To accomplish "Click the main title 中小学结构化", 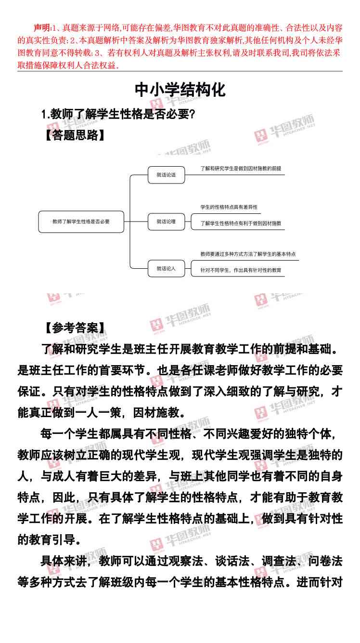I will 180,90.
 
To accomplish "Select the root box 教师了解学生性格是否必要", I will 81,222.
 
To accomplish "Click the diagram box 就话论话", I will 166,175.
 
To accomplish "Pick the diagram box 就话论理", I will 166,222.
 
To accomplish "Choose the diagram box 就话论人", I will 166,268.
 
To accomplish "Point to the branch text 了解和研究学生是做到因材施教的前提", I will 241,169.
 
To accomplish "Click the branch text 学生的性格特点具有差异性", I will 229,207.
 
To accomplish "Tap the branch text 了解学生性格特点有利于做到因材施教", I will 241,223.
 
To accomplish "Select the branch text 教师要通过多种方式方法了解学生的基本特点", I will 248,254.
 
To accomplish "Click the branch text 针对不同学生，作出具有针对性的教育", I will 241,270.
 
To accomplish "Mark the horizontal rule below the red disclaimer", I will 180,71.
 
